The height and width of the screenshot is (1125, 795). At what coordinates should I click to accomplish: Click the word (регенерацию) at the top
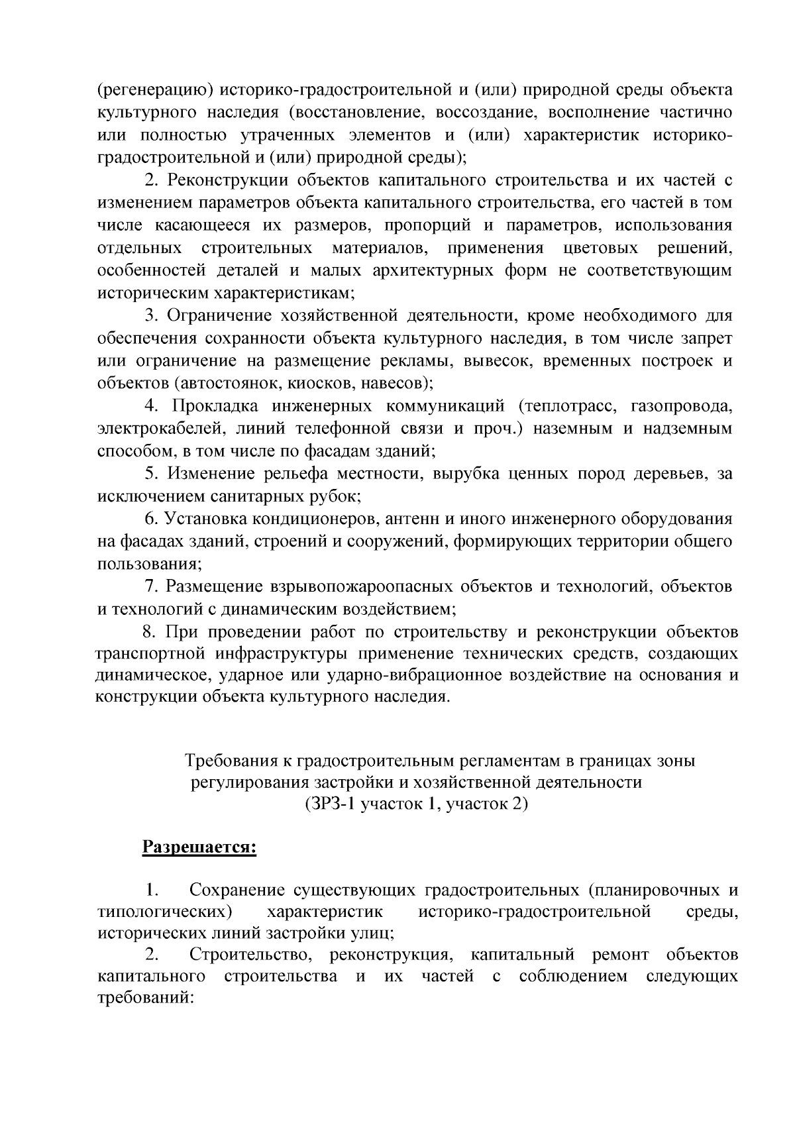pos(154,90)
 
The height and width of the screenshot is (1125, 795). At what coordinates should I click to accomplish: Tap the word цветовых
pos(600,248)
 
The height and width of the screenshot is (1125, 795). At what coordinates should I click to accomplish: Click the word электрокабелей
pos(162,429)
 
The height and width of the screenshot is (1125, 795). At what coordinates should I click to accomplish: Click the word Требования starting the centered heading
pos(229,760)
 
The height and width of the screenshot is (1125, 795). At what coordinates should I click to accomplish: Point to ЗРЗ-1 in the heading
pos(328,805)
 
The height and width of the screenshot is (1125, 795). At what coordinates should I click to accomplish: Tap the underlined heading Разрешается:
pos(199,848)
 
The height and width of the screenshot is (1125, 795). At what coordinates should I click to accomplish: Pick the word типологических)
pos(164,911)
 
